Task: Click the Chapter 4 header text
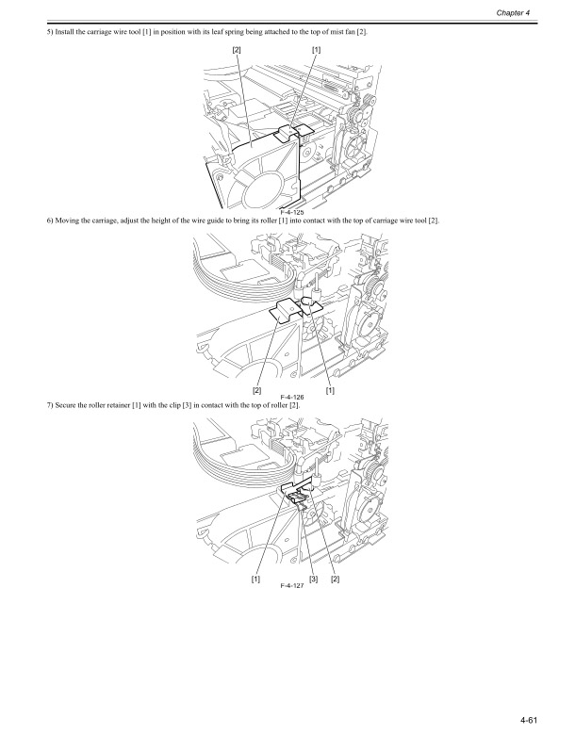click(x=539, y=12)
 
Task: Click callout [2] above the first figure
click(x=236, y=48)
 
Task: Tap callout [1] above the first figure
click(x=316, y=48)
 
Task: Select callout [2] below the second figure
click(x=256, y=390)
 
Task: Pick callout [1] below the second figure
click(x=330, y=390)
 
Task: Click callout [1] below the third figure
click(x=255, y=578)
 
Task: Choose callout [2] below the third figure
click(x=335, y=578)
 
